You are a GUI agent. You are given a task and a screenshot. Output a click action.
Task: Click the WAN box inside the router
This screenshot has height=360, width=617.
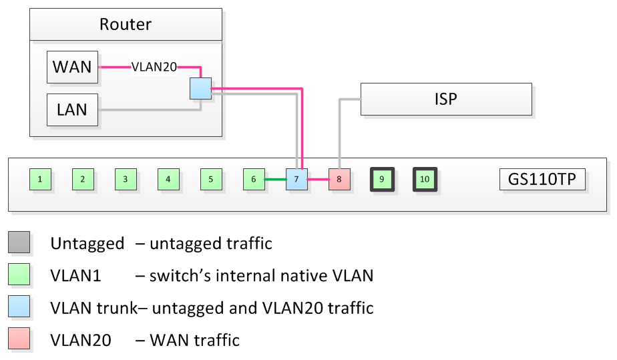pos(72,67)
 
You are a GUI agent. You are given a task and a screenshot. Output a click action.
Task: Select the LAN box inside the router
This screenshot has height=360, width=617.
pos(72,110)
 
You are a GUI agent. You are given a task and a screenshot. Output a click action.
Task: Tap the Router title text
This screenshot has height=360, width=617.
pos(126,25)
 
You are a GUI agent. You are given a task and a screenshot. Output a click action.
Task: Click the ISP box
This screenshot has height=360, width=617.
pos(446,99)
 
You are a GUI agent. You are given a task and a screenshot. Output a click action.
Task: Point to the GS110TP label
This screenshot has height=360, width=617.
pos(542,179)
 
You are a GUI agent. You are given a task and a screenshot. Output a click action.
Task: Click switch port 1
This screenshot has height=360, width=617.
pos(40,179)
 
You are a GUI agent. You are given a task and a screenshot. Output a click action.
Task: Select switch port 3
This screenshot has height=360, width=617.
pos(126,179)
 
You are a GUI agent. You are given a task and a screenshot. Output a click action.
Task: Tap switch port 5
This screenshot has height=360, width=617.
pos(211,179)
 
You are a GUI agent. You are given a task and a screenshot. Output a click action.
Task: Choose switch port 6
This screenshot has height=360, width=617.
pos(254,179)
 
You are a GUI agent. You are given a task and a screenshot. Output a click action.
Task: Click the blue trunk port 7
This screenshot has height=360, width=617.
pos(296,179)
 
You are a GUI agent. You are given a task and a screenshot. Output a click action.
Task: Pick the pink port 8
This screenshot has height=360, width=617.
pos(339,179)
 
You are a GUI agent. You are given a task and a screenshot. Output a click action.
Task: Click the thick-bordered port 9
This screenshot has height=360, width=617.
pos(382,179)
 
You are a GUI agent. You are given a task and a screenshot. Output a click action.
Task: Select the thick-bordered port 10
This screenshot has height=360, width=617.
pos(425,179)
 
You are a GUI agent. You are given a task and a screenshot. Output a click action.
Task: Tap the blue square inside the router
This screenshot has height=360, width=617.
pos(200,88)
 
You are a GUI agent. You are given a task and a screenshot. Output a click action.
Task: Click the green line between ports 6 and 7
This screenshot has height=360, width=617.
pos(275,179)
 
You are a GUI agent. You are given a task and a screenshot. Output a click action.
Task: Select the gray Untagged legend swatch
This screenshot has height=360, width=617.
pos(19,242)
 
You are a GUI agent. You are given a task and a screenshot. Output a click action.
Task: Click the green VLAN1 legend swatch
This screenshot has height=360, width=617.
pos(19,275)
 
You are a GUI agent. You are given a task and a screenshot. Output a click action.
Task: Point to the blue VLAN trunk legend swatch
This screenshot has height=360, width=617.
pos(19,307)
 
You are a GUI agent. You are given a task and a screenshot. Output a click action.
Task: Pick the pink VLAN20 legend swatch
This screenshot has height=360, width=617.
pos(19,339)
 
